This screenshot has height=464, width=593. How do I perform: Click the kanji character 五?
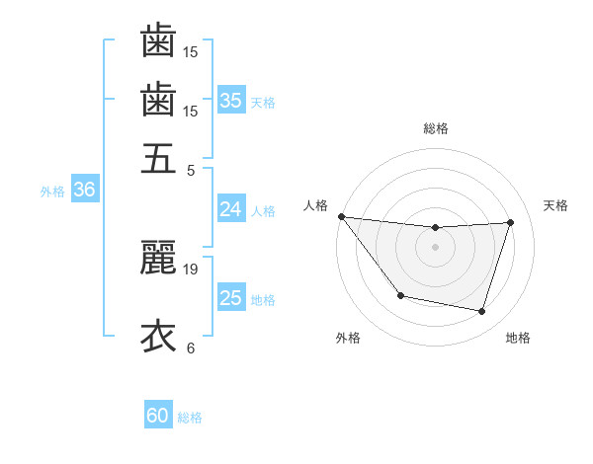point(158,159)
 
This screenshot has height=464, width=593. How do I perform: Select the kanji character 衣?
point(158,336)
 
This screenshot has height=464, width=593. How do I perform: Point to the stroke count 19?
point(191,269)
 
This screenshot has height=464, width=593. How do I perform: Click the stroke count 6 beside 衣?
point(191,348)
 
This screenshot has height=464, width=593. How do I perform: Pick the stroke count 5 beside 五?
point(191,170)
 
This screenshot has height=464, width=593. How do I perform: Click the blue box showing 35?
point(231,101)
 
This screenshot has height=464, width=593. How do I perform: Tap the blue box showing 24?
point(231,209)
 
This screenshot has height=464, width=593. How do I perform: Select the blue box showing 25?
point(231,298)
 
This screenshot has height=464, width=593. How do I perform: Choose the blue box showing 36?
point(84,191)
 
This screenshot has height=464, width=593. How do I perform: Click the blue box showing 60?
point(158,416)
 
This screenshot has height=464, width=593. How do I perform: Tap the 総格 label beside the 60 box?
point(190,418)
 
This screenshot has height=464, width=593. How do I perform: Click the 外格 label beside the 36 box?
point(52,193)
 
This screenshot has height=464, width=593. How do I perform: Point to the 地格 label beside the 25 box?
point(263,300)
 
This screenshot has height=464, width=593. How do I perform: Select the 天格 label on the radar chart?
point(556,205)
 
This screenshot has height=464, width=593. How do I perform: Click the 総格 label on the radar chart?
point(436,128)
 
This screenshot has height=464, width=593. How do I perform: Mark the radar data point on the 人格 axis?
point(342,216)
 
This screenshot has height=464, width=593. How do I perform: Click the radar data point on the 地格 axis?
point(482,311)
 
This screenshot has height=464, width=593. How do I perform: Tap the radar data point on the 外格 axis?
point(400,295)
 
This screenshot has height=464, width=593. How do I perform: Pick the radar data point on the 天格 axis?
point(510,222)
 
